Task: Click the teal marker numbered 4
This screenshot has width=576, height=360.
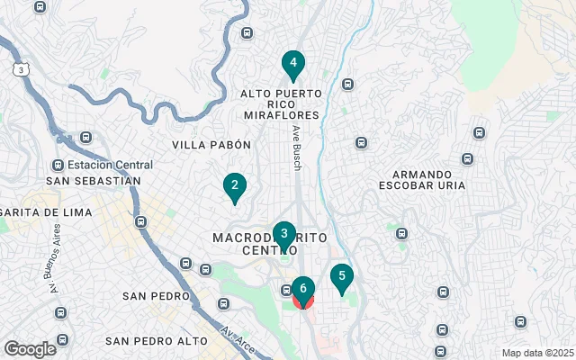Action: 292,64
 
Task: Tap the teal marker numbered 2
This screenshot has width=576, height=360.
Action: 234,187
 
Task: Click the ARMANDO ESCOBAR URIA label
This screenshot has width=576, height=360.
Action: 428,179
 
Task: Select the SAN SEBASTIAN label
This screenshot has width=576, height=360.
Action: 94,180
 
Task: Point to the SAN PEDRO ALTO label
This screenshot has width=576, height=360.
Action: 156,341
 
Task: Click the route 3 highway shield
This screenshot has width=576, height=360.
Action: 20,68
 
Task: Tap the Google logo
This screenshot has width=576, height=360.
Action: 30,348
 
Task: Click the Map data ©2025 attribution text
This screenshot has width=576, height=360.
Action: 536,353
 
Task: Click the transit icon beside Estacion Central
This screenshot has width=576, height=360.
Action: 58,165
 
